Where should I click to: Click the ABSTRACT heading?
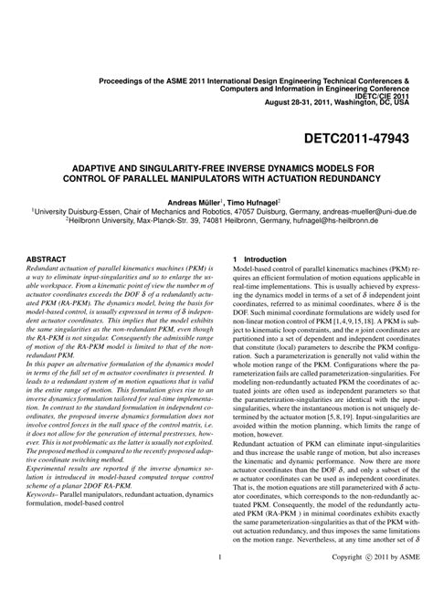(x=48, y=259)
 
